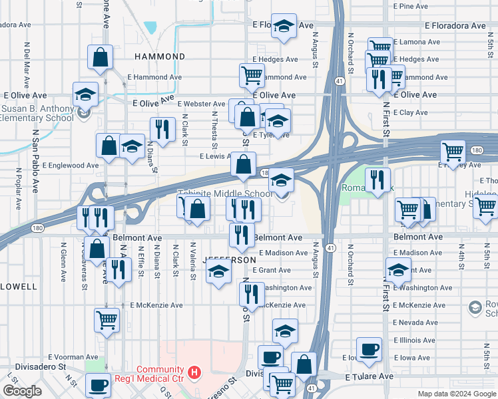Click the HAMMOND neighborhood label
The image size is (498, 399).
(160, 57)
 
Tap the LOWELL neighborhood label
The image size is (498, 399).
(18, 286)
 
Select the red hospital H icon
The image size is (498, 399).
(194, 372)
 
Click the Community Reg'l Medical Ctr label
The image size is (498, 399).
(160, 374)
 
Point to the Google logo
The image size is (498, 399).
(22, 391)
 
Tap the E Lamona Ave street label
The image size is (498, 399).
(417, 42)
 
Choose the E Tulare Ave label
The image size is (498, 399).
(369, 376)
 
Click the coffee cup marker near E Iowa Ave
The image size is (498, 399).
(369, 348)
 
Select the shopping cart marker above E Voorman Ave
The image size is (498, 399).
(107, 320)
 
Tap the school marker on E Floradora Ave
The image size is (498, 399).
(284, 27)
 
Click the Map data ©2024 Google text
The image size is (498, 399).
(456, 394)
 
